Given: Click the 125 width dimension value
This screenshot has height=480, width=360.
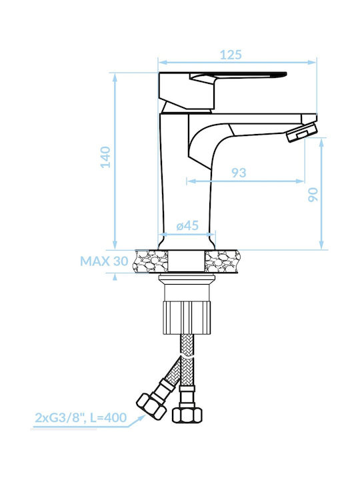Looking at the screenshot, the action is click(231, 55).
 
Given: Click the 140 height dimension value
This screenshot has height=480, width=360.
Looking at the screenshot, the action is click(106, 157).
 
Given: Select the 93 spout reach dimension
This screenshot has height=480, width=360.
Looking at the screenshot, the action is click(239, 173).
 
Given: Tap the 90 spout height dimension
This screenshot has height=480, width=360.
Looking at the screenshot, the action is click(313, 195).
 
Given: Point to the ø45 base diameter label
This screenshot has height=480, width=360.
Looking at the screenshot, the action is click(187, 226).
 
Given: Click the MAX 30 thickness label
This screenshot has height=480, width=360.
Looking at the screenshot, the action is click(104, 261).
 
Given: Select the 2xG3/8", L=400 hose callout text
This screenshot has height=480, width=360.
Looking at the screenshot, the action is click(81, 417).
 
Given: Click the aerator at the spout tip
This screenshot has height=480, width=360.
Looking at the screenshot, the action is click(302, 132).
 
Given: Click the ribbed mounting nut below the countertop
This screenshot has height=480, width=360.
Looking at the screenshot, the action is click(187, 317).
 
